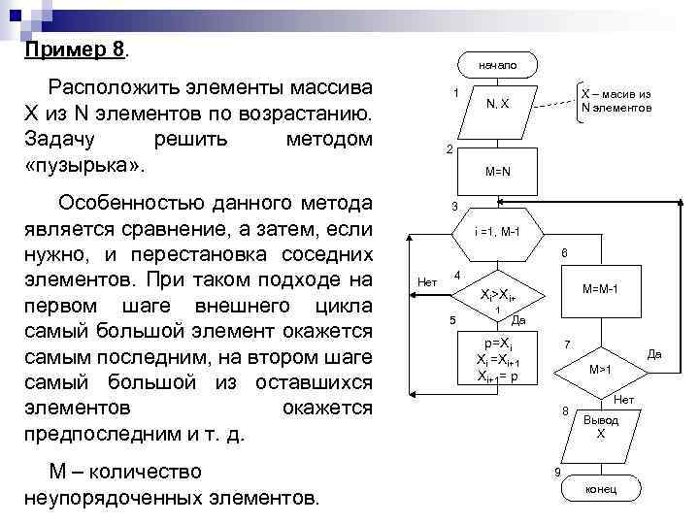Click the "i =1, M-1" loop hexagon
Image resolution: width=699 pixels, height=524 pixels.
pyautogui.click(x=497, y=234)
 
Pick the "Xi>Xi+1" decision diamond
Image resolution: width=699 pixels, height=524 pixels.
pyautogui.click(x=497, y=296)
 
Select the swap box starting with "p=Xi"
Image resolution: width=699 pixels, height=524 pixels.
pyautogui.click(x=497, y=359)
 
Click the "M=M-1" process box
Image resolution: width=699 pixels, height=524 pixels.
pyautogui.click(x=600, y=289)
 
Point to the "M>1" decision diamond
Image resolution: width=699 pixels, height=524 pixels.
pyautogui.click(x=600, y=370)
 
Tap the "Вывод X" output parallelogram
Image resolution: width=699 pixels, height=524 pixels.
pyautogui.click(x=600, y=428)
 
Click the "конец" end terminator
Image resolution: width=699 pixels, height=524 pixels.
pyautogui.click(x=600, y=489)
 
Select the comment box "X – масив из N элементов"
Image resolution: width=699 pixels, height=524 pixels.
pyautogui.click(x=615, y=100)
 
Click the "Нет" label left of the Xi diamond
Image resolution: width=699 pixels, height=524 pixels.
pyautogui.click(x=426, y=282)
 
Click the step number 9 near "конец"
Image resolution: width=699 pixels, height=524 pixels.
pyautogui.click(x=556, y=473)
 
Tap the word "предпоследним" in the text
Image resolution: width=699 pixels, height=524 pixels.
pyautogui.click(x=95, y=433)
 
